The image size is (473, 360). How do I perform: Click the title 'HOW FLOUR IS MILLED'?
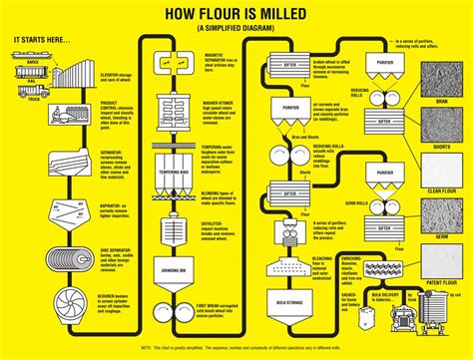pos(236,14)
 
